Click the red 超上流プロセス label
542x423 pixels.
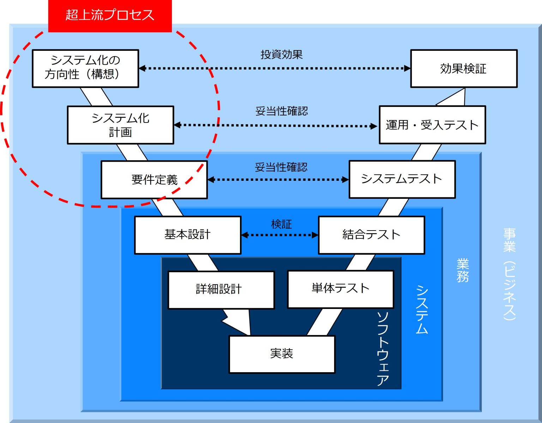110,15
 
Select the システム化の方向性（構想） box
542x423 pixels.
85,68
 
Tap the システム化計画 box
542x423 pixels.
120,125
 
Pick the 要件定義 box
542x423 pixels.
154,180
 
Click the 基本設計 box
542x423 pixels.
188,235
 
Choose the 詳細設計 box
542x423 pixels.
221,290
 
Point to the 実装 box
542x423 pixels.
282,354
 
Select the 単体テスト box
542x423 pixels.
341,289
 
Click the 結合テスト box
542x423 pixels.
371,235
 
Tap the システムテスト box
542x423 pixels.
402,179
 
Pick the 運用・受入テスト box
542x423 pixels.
432,125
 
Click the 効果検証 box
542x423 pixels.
464,68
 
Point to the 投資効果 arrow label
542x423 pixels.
282,54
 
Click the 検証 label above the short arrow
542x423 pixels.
281,224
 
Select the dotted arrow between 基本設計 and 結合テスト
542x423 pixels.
279,235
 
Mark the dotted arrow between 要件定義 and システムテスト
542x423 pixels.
278,180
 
